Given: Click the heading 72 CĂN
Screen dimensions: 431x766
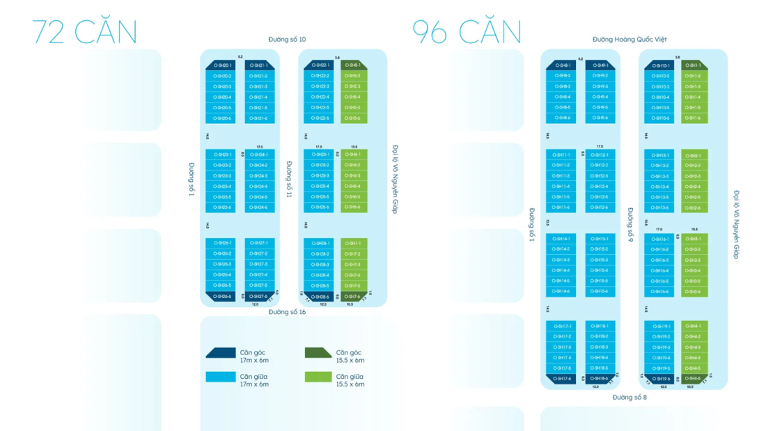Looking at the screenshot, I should [84, 32].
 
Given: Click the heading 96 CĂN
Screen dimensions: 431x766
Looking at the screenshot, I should [467, 32].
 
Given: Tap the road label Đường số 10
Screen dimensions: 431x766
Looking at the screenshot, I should [287, 40].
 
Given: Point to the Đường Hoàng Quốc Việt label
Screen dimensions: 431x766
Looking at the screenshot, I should [630, 40].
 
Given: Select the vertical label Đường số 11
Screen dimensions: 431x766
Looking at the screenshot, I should [289, 180].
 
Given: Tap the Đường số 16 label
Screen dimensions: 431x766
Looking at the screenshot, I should [287, 312].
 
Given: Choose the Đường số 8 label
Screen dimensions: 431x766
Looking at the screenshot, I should [630, 398].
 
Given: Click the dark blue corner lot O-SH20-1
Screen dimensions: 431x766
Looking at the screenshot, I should [221, 65].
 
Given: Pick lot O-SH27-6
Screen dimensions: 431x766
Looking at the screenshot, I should [259, 297].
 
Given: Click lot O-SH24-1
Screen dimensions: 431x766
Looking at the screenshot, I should [259, 155].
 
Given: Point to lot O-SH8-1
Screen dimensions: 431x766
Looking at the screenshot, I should [561, 65].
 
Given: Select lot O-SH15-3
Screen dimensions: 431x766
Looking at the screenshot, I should [600, 260].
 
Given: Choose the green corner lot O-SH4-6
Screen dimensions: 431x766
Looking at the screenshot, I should [693, 379].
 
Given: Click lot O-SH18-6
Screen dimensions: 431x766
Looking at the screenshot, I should [600, 379].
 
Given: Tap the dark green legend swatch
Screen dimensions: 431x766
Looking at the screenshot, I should [318, 354].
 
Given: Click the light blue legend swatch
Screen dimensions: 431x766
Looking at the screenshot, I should [221, 377].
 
